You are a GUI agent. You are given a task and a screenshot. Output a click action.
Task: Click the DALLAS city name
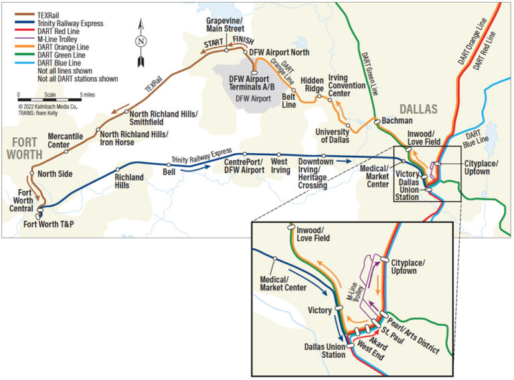coord(418,108)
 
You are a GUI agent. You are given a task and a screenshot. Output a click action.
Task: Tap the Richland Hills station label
coord(129,181)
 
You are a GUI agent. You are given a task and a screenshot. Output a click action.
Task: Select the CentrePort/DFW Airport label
coord(244,166)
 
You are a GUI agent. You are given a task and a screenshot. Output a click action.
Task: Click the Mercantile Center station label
coord(68,140)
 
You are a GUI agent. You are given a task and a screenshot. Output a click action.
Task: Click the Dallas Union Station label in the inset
coord(324,351)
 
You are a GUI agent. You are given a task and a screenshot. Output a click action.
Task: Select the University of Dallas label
coord(332,136)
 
